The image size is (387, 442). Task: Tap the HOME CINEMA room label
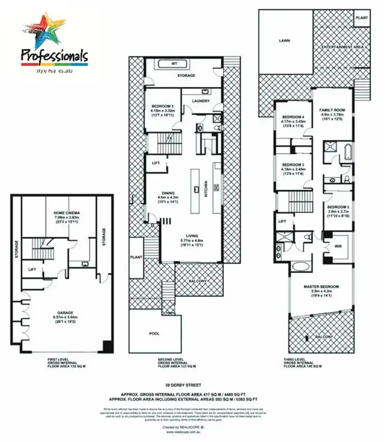click(x=63, y=213)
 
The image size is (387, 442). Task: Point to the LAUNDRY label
click(x=201, y=101)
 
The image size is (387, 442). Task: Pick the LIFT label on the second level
click(x=156, y=163)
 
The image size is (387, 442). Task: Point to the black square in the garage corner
click(x=108, y=347)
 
